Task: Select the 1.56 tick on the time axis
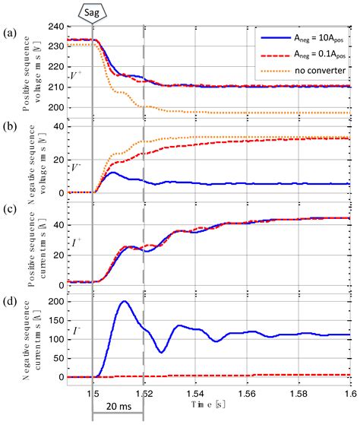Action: (x=245, y=396)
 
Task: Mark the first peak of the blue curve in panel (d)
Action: (x=123, y=302)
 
